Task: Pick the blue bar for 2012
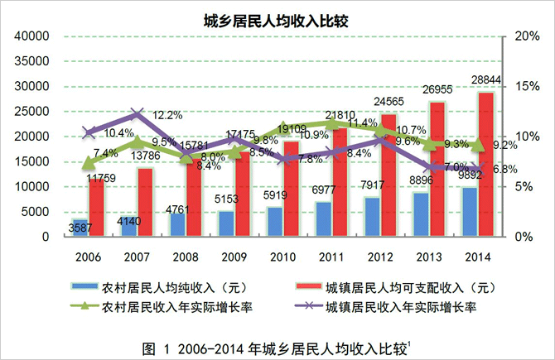pos(373,216)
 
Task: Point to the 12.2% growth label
pos(168,115)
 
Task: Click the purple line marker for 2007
pos(138,113)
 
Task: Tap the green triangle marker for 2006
pos(89,162)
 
